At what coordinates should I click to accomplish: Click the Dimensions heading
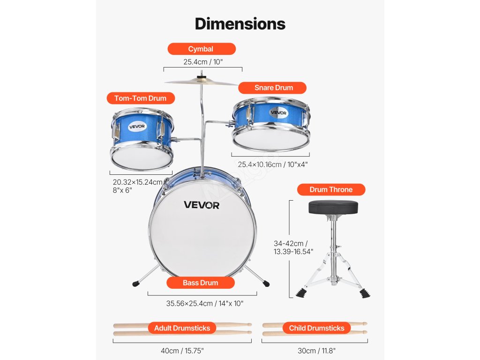coord(240,23)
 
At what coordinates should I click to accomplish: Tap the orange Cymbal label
coord(201,49)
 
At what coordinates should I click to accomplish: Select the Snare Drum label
coord(273,88)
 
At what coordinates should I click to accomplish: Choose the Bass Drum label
coord(200,283)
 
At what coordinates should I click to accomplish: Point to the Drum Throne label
coord(331,190)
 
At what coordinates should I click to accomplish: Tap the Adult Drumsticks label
coord(182,328)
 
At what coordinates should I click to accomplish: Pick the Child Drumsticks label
coord(316,328)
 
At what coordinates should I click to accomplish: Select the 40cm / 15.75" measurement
coord(182,351)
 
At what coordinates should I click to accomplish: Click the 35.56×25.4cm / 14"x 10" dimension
coord(205,303)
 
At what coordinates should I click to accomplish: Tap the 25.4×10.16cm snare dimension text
coord(272,164)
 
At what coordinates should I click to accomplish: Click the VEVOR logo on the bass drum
coord(202,205)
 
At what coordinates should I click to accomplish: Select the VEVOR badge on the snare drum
coord(278,112)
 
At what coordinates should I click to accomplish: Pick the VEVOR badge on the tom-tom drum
coord(137,127)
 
